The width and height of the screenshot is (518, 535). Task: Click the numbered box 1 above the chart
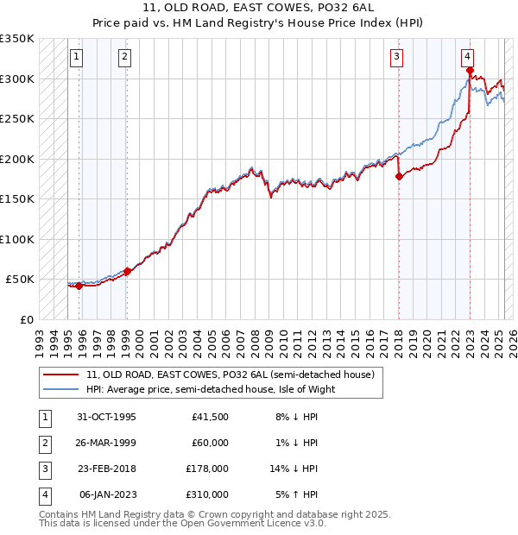point(77,58)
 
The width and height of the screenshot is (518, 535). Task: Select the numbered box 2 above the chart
point(125,58)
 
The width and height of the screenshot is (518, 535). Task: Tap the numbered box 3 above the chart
point(396,58)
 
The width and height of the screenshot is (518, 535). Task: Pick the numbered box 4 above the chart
point(467,58)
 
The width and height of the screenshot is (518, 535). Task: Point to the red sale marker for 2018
point(399,177)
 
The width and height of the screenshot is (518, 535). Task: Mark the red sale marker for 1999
point(127,271)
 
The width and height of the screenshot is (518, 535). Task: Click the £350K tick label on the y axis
point(17,39)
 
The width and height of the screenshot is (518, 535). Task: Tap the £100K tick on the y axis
point(17,239)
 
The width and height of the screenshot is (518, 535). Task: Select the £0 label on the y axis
point(27,319)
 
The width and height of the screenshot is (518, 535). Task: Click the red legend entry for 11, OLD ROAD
point(230,375)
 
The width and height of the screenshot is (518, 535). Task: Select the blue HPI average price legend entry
point(210,389)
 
